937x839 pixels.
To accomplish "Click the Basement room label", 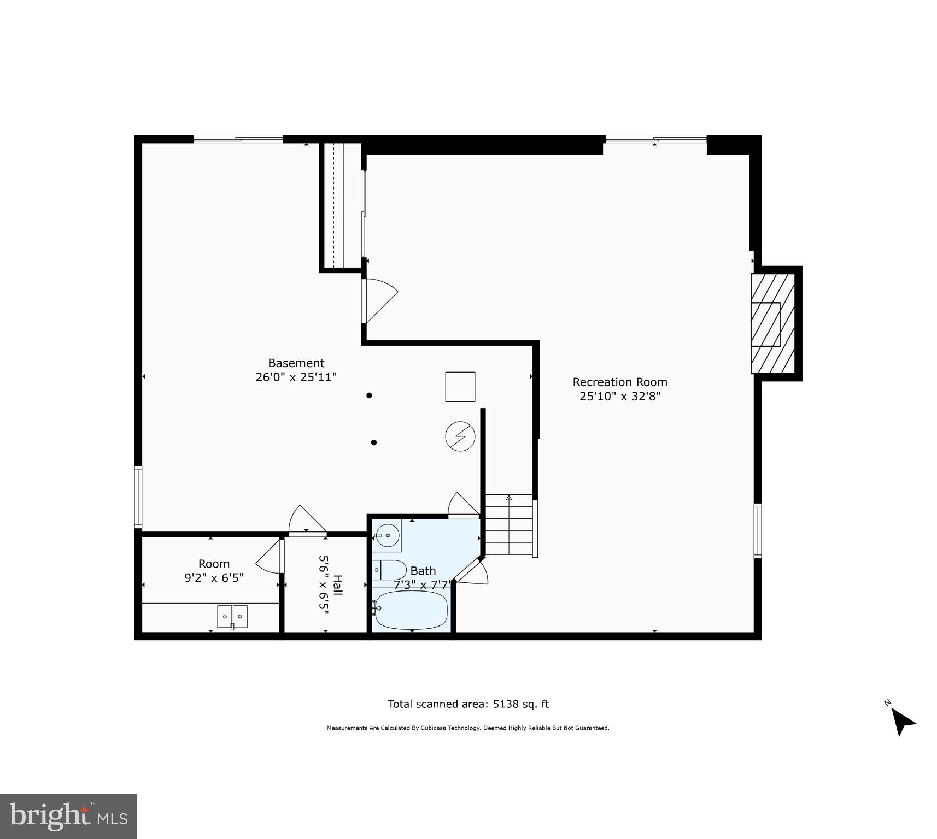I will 296,363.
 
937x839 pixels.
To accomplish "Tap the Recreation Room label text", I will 619,382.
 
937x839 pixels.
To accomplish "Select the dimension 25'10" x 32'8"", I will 620,397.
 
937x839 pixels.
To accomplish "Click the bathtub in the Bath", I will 411,610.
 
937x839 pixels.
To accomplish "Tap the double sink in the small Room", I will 232,617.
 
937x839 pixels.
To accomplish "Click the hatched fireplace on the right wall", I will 772,323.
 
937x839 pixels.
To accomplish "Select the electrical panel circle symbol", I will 460,436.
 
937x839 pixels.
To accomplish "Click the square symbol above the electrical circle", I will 460,387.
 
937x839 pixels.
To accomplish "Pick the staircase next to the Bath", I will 508,525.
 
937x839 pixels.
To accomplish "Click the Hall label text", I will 338,586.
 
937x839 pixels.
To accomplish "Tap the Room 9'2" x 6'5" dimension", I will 214,578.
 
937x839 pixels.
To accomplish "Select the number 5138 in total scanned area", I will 505,704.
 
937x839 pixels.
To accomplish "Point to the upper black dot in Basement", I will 369,395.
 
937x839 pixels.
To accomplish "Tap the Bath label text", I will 423,571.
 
